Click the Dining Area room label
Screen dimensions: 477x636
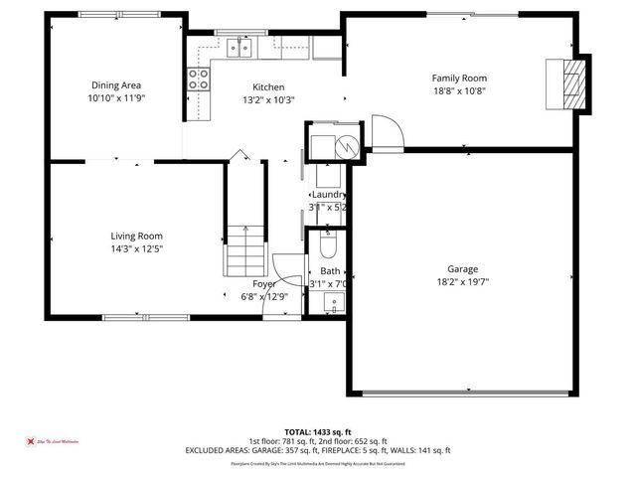116,85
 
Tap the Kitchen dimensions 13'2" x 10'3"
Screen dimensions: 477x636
268,99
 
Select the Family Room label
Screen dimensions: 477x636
459,78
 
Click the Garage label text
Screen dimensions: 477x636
462,269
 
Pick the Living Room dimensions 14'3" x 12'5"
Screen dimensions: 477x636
136,248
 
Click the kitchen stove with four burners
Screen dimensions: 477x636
199,79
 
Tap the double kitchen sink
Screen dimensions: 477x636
238,46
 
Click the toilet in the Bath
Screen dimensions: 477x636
330,244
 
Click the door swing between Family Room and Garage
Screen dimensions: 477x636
386,131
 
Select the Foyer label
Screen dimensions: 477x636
264,284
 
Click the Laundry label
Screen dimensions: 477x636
329,195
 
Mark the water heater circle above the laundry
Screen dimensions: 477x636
345,146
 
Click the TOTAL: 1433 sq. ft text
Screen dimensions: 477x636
318,432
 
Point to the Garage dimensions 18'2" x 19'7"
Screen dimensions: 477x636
462,281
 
